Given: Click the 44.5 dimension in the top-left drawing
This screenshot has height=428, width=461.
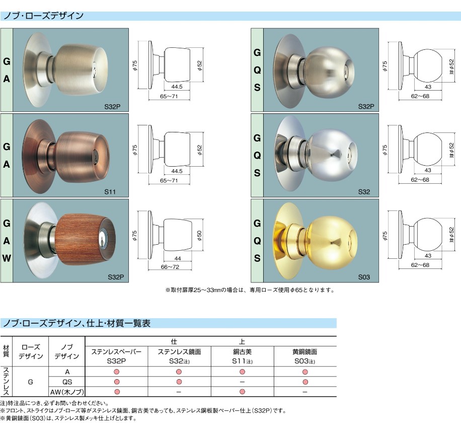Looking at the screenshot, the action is (177, 87).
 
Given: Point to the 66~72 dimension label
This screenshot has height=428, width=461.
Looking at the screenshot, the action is (170, 267).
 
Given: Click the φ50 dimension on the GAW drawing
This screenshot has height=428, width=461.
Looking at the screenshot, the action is (200, 236).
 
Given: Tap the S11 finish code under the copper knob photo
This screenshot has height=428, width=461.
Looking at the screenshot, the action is (110, 192).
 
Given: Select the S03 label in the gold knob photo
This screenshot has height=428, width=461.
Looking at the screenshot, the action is (364, 277).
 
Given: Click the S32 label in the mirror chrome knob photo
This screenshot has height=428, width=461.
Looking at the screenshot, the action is (364, 192).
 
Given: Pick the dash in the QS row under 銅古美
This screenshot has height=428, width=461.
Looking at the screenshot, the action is (242, 382).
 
